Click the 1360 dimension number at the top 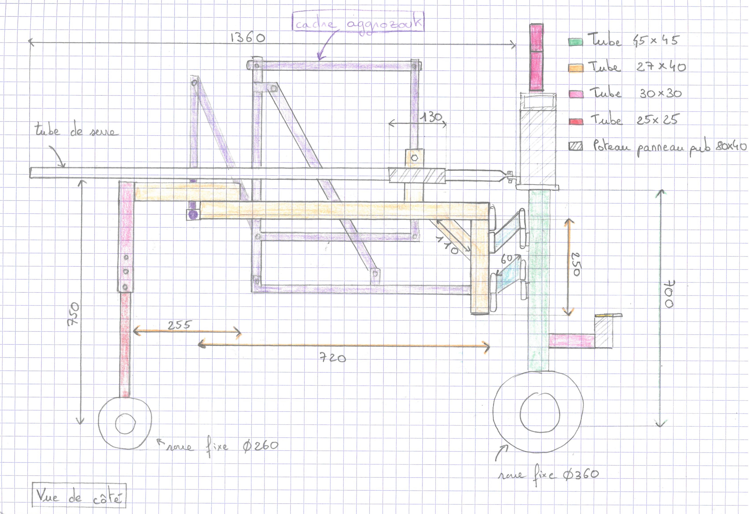point(248,38)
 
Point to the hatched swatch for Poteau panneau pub point(576,147)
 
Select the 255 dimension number point(179,325)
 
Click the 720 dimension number point(333,358)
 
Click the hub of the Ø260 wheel point(125,423)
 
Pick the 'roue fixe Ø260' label point(222,446)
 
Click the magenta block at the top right point(536,57)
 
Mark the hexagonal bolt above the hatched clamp point(415,158)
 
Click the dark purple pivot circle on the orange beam point(193,215)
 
